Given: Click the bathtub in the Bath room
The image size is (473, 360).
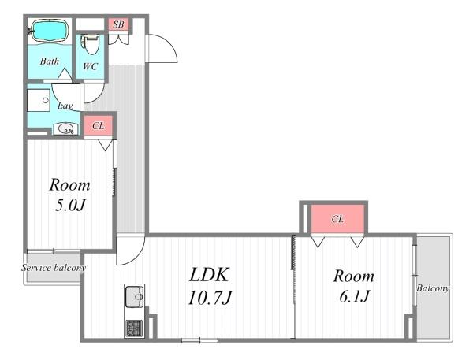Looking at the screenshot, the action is pyautogui.click(x=50, y=30).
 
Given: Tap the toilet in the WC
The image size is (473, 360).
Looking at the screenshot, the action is pyautogui.click(x=90, y=45).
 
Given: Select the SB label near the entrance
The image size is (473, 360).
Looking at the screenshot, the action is pyautogui.click(x=118, y=24).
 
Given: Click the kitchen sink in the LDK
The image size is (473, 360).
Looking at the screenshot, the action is pyautogui.click(x=135, y=297).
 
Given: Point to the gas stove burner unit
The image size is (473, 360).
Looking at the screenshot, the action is pyautogui.click(x=134, y=328).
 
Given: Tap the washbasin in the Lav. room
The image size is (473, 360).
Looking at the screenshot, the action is pyautogui.click(x=65, y=130).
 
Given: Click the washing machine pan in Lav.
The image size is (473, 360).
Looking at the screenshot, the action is pyautogui.click(x=39, y=100).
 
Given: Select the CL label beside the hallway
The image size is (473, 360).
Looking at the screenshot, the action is pyautogui.click(x=99, y=126).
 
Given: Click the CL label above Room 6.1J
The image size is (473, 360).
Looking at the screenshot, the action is pyautogui.click(x=337, y=219).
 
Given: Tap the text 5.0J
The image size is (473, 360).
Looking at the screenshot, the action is pyautogui.click(x=70, y=206).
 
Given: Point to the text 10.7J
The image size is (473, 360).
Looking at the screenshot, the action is pyautogui.click(x=210, y=297).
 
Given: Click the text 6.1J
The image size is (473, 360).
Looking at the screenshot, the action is pyautogui.click(x=354, y=296).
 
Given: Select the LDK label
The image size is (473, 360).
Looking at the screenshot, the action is pyautogui.click(x=209, y=275).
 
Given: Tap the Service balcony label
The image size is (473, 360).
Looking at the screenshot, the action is pyautogui.click(x=54, y=268).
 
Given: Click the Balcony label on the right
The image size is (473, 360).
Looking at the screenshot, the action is pyautogui.click(x=433, y=288).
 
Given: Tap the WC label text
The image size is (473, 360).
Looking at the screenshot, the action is pyautogui.click(x=90, y=66).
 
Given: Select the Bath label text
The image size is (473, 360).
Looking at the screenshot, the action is pyautogui.click(x=50, y=61).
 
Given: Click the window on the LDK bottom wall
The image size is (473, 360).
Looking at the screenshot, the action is pyautogui.click(x=199, y=340).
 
